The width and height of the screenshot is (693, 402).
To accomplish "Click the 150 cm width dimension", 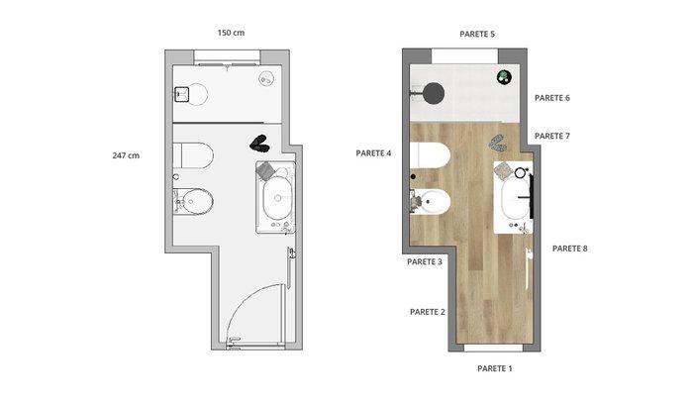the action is coord(231,33).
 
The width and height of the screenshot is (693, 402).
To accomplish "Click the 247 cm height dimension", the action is coord(126,155).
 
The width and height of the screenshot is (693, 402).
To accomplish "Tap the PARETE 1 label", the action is coord(495,368).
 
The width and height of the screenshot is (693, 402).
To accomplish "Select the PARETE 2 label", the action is coord(428,312).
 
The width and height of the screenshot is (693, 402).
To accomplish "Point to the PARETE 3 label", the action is coord(425,261).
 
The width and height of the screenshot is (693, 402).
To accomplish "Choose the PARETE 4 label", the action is coord(373,153).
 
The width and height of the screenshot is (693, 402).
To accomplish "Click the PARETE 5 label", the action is coord(477,34).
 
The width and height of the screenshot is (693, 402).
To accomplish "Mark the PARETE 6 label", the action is coord(552,98).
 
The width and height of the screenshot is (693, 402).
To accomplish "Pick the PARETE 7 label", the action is coord(552,137).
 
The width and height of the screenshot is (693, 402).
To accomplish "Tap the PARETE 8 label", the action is coord(569,249).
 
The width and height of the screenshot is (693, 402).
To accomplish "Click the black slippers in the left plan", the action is coord(259,144).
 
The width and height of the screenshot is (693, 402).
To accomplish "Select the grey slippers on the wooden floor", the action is coord(498,143).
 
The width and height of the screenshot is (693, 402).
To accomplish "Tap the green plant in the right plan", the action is coord(504,77).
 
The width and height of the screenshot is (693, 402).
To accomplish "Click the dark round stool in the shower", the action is coord(433,93).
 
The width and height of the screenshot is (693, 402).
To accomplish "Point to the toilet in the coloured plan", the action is coord(430,155).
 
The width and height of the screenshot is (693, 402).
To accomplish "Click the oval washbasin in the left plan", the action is coord(277,198).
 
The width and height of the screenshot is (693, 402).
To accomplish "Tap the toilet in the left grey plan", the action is coord(193,155).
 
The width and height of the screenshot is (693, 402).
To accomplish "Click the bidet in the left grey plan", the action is coord(193,202).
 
